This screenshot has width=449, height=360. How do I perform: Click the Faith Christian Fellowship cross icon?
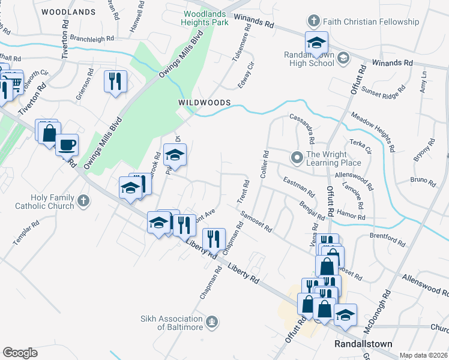click(x=312, y=22)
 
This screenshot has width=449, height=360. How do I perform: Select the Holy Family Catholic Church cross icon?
click(x=83, y=200)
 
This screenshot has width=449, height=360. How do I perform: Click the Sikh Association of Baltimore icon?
click(x=211, y=322)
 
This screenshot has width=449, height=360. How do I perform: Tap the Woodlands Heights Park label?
click(x=206, y=18)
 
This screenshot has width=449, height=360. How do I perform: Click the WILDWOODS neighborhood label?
click(x=204, y=103)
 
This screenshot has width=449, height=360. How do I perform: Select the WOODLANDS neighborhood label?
click(x=69, y=11)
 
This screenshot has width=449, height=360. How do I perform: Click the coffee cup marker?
click(x=67, y=144)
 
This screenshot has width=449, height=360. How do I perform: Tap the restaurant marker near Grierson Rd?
click(x=115, y=80)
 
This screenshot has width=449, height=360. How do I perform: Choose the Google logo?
click(x=20, y=352)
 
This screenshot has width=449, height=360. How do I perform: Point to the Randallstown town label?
click(x=363, y=344)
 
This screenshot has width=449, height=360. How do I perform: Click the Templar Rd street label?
click(x=27, y=232)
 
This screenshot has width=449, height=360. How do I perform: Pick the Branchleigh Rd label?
click(x=92, y=38)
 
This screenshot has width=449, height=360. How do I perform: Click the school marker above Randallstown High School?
click(x=316, y=43)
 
